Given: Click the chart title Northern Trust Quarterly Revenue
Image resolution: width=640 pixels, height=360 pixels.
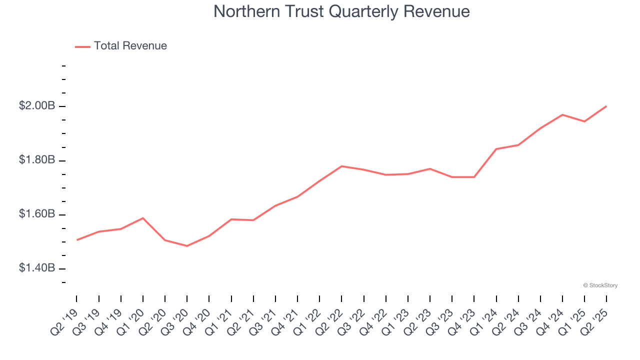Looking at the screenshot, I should [341, 11].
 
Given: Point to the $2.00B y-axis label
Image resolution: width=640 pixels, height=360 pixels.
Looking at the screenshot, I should [37, 106].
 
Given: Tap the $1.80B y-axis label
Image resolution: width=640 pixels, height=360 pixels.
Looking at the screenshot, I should [37, 160].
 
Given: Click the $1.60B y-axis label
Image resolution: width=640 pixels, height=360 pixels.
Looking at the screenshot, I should [37, 214].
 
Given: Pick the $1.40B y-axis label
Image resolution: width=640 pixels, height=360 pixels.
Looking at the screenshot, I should [37, 268].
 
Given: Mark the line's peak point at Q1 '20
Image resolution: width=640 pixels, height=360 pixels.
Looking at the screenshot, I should [143, 218].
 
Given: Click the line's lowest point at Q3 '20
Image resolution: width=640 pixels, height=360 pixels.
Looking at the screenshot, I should [187, 246].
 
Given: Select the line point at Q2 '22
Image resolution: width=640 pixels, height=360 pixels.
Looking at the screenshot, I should [341, 166].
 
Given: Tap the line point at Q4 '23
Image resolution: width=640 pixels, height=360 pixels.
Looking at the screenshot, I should [474, 177].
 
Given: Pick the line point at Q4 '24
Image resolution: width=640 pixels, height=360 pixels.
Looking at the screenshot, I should [562, 115].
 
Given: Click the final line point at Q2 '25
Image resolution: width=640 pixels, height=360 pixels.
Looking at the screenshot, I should [606, 106].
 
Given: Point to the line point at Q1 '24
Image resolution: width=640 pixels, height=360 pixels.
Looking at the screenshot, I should [496, 149].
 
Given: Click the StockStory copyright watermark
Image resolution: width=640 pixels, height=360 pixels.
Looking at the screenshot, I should [600, 285].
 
